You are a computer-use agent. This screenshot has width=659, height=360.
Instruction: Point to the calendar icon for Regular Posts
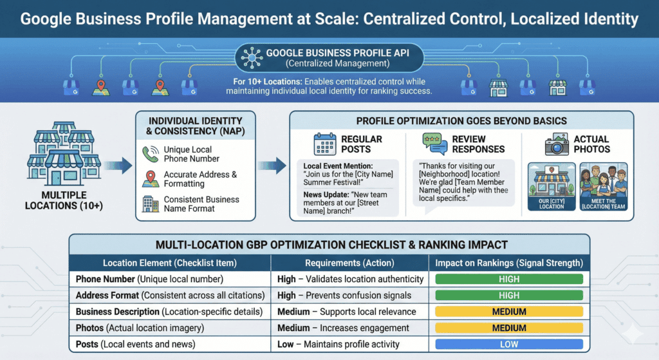325,144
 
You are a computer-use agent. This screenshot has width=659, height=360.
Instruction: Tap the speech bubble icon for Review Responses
434,144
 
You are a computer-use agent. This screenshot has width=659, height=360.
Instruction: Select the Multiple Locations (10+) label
63,200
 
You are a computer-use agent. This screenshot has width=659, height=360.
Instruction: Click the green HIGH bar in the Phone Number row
508,279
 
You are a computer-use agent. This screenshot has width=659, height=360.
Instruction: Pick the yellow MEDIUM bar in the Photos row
508,328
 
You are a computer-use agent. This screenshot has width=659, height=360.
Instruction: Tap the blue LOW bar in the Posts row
508,344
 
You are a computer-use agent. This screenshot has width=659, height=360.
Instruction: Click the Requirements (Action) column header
349,263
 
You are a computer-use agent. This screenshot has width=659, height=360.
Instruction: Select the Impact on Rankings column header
509,263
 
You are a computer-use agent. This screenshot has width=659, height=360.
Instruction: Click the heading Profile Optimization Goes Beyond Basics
461,122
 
